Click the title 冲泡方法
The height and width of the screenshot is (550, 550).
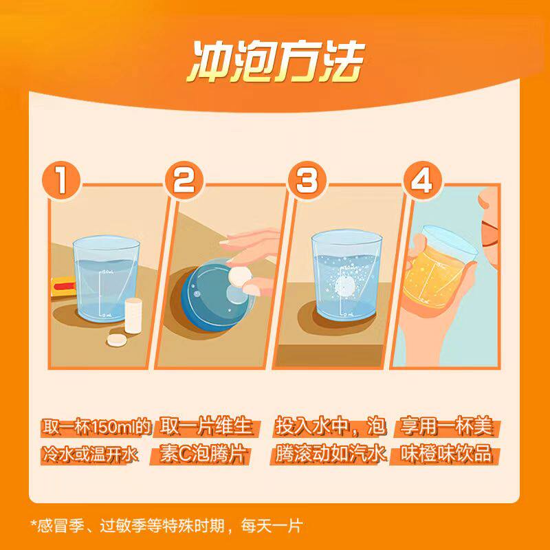[276, 62]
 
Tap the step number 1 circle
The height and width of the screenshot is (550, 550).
[61, 181]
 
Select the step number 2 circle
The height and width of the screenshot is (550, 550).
[184, 181]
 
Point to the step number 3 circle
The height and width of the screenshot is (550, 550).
[307, 181]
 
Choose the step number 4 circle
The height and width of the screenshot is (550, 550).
[422, 181]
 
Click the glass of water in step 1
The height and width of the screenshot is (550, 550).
[106, 279]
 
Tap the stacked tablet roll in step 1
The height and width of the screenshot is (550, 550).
[133, 316]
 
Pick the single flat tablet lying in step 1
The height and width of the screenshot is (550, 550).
[116, 340]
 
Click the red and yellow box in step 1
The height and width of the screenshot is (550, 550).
[63, 287]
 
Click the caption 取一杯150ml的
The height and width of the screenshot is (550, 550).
[96, 427]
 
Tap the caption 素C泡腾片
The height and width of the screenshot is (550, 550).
[203, 454]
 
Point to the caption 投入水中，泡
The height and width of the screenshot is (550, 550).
[331, 427]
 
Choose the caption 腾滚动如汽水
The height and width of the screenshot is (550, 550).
[331, 454]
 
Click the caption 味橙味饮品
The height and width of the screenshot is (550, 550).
[445, 454]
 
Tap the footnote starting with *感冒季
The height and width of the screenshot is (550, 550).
[166, 526]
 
